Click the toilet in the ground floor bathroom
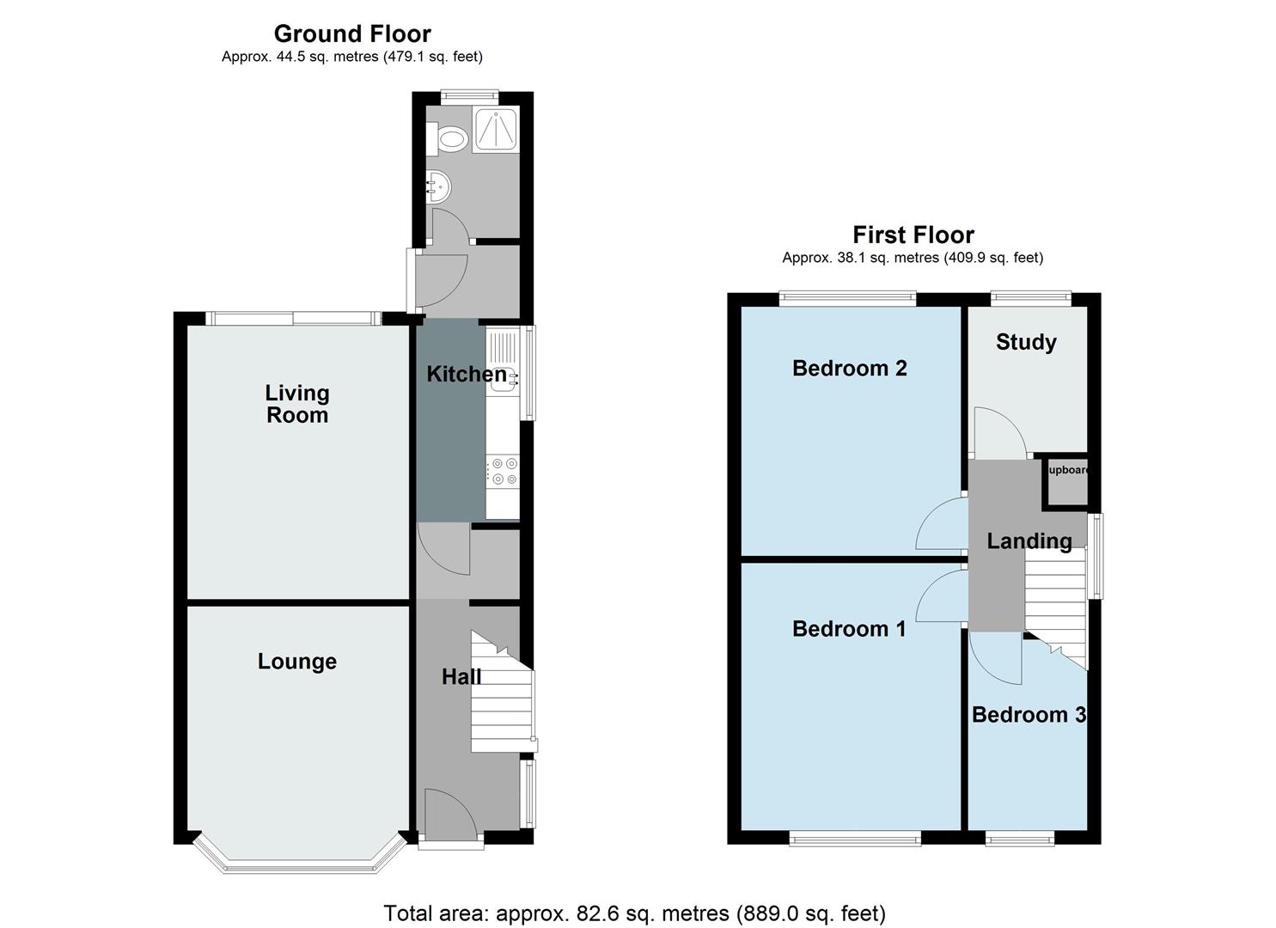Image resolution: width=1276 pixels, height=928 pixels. (448, 137)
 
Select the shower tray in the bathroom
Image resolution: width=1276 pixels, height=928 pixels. (496, 131)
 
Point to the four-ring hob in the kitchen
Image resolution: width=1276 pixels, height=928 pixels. (502, 472)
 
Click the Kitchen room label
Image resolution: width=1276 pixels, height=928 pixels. (467, 374)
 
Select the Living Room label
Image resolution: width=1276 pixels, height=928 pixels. (296, 404)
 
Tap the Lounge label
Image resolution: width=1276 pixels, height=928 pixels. (296, 661)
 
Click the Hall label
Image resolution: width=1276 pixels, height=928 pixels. (461, 677)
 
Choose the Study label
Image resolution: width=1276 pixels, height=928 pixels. (1025, 342)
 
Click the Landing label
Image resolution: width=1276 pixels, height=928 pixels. (1029, 540)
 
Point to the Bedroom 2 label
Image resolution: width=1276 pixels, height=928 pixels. (849, 368)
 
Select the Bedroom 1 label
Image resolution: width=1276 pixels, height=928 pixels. (848, 628)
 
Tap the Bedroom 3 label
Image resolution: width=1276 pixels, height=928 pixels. (1028, 714)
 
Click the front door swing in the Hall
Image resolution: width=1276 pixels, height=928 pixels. (449, 816)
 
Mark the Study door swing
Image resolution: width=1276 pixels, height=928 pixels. (998, 434)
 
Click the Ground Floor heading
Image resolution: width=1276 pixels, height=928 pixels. (352, 34)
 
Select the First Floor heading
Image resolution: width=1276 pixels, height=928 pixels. (913, 235)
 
